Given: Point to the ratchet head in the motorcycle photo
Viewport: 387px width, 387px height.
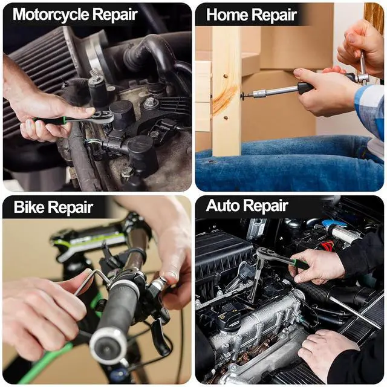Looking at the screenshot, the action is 104,117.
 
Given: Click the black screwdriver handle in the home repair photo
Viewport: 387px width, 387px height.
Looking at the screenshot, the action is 305,88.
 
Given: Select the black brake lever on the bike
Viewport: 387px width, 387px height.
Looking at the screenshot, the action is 160,336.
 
